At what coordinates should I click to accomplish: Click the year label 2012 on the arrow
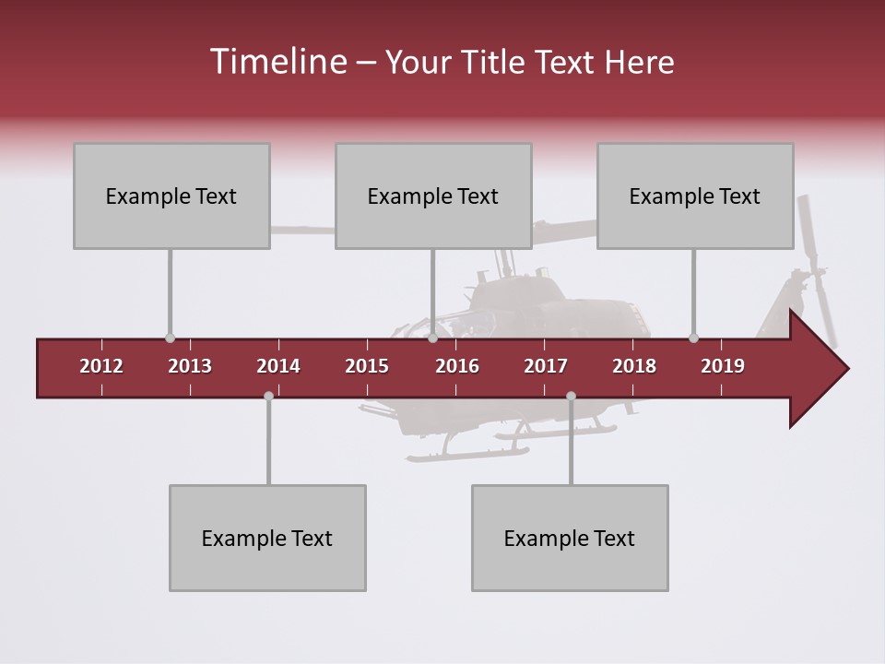(101, 366)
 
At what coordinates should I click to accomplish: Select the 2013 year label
(190, 366)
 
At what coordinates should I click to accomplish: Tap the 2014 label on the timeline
(278, 366)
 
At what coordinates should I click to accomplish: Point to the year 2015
(367, 366)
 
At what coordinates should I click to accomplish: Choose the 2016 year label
(457, 366)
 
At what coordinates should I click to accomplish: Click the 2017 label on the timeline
(546, 366)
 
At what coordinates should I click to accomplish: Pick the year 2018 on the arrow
(634, 366)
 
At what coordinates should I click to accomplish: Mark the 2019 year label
(723, 366)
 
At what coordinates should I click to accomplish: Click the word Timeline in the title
(277, 62)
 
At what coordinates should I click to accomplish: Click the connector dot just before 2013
(170, 338)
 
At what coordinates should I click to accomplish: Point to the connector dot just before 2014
(268, 396)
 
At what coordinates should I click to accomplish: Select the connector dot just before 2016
(432, 338)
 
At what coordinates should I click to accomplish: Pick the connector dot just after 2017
(571, 396)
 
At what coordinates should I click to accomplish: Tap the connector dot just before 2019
(693, 338)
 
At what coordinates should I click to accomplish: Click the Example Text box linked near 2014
(267, 538)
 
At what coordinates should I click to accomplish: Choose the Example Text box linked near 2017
(570, 538)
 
